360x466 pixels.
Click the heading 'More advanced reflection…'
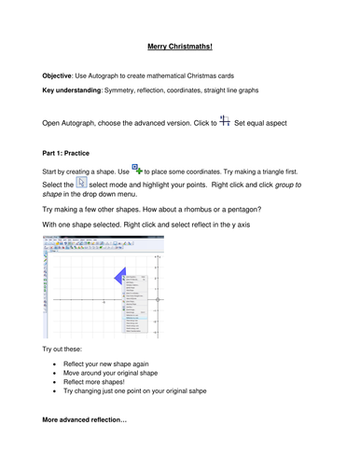click(x=85, y=447)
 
